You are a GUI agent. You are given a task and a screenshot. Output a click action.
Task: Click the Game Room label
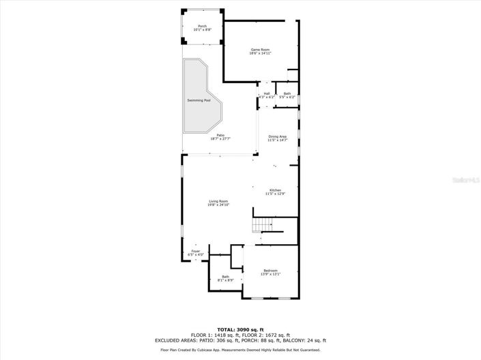coord(261,49)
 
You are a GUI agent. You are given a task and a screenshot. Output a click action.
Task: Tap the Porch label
coord(203,26)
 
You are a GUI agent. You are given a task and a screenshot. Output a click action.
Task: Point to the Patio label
coord(220,135)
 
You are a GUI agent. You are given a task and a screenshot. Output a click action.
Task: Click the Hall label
coord(267,93)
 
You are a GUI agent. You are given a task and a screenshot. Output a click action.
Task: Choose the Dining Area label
coord(278,136)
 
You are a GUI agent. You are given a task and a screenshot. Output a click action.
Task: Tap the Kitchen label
coord(275,190)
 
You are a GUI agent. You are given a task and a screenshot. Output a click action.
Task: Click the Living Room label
coord(218,201)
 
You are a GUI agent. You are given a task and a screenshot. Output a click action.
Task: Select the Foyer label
coord(196,252)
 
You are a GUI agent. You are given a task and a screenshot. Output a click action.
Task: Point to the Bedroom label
coord(271,271)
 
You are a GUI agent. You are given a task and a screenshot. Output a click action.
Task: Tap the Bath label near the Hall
coord(287,93)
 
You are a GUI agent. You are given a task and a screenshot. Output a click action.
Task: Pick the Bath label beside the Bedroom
coord(226,276)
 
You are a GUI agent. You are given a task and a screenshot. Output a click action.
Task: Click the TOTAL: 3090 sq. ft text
coord(240,330)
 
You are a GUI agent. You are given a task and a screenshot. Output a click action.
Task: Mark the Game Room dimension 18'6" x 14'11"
coord(261,53)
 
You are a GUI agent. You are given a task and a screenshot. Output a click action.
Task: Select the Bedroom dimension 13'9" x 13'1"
coord(271,275)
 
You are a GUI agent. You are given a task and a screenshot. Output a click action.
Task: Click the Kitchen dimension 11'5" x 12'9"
coord(275,194)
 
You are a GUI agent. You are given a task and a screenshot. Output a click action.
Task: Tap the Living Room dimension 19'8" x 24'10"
coord(218,205)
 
